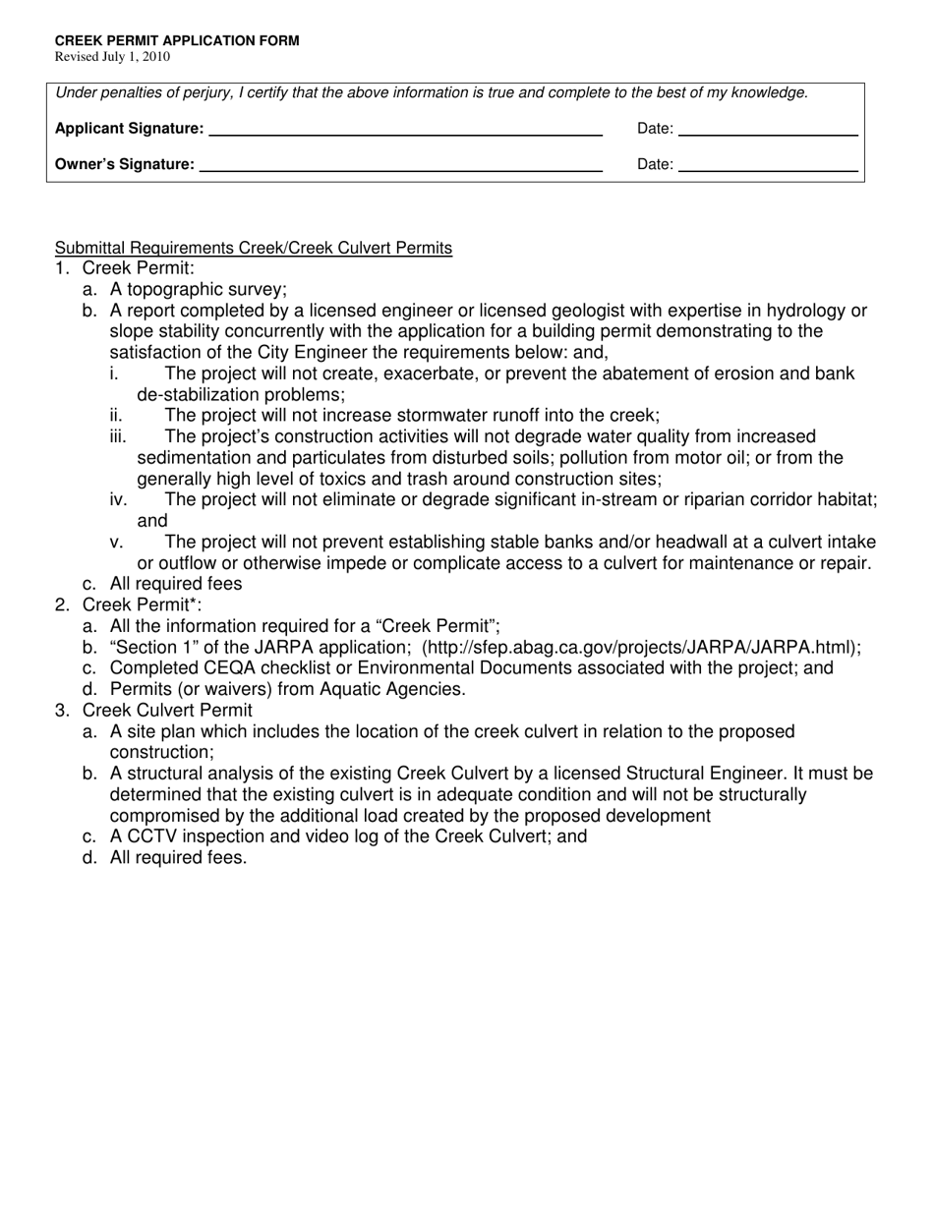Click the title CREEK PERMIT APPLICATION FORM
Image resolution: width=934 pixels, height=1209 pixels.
pos(177,41)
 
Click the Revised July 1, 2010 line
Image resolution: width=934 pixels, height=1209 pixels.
pos(112,57)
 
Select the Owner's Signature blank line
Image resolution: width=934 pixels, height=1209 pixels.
pos(400,164)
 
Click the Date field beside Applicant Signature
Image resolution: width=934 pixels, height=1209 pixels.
pos(768,128)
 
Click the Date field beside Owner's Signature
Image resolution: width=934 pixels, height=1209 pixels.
pos(768,164)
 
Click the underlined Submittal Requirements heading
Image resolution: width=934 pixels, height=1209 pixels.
pos(254,248)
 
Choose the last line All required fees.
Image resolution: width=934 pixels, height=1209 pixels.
pos(178,857)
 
